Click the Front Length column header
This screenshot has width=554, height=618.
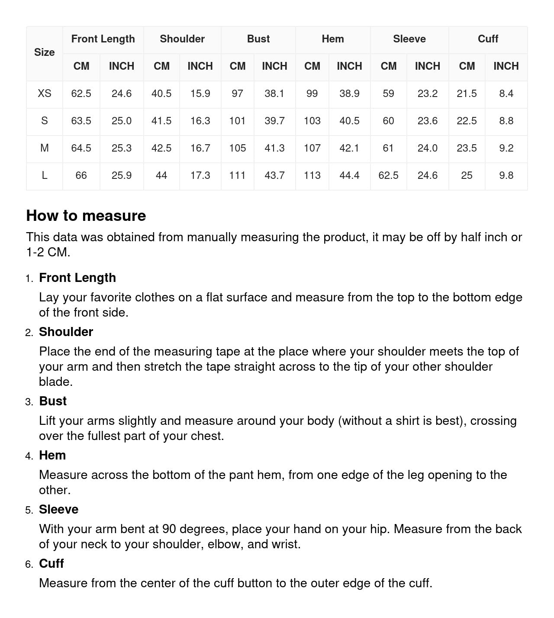coord(103,39)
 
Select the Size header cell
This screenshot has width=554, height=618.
coord(44,52)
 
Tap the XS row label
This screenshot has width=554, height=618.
coord(44,94)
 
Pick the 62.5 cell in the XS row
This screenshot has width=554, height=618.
coord(81,94)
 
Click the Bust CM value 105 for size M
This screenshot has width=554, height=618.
coord(237,148)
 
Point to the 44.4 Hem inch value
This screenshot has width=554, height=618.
coord(349,175)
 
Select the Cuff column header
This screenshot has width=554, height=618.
coord(488,39)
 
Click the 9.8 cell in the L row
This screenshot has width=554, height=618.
coord(506,175)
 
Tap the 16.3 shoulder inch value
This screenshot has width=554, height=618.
coord(200,121)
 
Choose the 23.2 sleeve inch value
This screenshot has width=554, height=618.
coord(427,94)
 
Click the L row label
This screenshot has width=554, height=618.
coord(44,175)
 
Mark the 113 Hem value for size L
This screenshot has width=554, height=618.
coord(312,175)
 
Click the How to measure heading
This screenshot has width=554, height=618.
coord(86,216)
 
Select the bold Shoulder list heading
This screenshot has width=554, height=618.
coord(66,332)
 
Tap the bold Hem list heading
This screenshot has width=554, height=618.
coord(52,455)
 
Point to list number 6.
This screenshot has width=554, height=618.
coord(29,564)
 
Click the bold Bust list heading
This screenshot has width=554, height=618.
coord(53,401)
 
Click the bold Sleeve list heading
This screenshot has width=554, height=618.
coord(58,509)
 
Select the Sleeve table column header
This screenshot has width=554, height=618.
coord(409,39)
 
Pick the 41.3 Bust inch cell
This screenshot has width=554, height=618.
coord(274,148)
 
